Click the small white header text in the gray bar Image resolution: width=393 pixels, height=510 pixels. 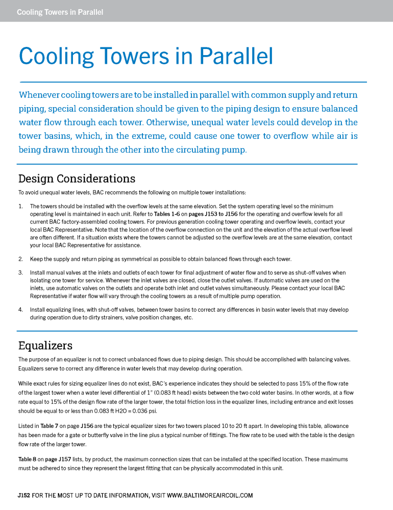(60, 12)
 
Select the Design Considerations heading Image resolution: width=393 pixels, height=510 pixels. (77, 178)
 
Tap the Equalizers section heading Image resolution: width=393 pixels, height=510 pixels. (45, 346)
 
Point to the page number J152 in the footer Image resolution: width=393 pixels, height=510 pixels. (23, 495)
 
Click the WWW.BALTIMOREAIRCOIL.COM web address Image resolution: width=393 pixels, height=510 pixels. (210, 495)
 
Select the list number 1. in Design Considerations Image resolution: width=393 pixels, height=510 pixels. (20, 206)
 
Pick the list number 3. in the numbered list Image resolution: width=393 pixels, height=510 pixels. (20, 272)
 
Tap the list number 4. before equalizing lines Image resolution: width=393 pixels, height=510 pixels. (20, 310)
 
